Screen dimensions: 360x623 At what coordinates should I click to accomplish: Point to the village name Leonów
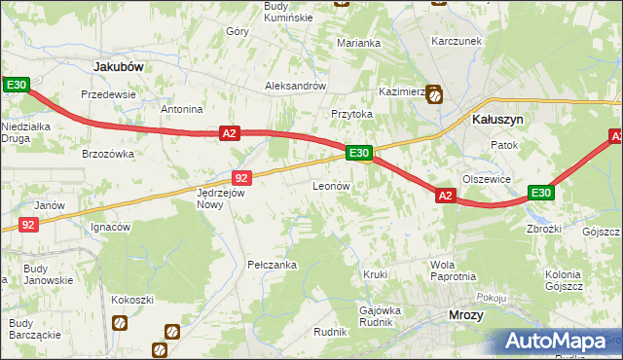330,185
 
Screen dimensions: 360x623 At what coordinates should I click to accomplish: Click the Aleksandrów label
295,86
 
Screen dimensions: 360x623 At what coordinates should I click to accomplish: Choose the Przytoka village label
351,114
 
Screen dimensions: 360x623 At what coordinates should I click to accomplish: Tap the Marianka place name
358,43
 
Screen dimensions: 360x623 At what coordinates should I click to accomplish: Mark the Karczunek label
457,42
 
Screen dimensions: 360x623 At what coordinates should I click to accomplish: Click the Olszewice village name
487,179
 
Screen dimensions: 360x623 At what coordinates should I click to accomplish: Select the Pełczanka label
272,265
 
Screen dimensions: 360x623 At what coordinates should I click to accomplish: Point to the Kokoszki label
132,300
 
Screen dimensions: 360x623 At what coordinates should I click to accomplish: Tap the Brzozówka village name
107,154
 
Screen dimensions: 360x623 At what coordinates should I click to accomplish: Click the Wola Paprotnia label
453,270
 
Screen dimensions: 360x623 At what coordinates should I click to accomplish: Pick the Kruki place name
375,274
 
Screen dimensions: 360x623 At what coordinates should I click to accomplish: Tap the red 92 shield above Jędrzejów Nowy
243,178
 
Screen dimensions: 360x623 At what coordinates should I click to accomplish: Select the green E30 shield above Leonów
358,153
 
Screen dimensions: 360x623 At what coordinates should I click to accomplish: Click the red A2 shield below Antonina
229,133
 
